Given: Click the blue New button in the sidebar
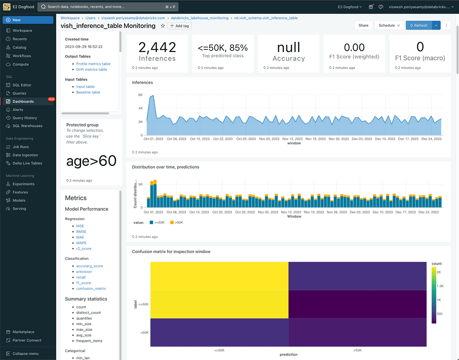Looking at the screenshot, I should [x=28, y=20].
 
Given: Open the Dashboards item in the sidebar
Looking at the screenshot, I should [x=23, y=102].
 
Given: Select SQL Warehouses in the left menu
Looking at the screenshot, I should [x=27, y=126].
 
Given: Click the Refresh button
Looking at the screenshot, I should [x=418, y=26].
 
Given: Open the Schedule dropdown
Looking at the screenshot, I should [x=389, y=26].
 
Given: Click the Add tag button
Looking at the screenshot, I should [x=179, y=26].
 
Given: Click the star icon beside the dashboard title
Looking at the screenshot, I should [x=163, y=26].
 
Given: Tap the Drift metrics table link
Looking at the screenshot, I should [x=91, y=70].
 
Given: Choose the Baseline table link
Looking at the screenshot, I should [x=88, y=92].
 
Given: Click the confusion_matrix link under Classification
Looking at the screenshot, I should [x=91, y=289].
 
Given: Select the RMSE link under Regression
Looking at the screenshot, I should [x=81, y=232].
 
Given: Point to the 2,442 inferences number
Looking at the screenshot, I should [x=157, y=47].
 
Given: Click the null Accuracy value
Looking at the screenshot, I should [x=288, y=47].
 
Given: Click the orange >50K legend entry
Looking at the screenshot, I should [x=176, y=222].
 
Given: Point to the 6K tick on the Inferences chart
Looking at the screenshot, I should [x=140, y=94].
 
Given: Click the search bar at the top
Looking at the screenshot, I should [x=107, y=7].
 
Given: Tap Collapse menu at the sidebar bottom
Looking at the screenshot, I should [x=25, y=354].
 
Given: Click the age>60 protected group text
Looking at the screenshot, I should [x=91, y=161].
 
